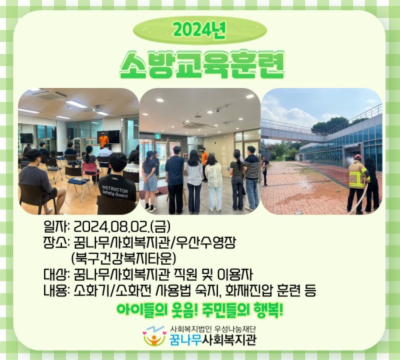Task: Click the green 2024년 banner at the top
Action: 200,30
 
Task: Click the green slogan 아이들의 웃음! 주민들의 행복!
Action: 200,310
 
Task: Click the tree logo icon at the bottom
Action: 155,336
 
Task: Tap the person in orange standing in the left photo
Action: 103,141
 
